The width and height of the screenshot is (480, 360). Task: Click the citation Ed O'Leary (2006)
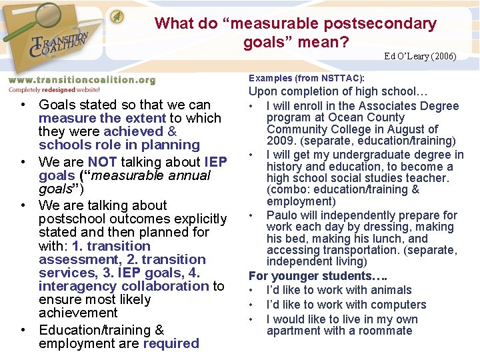420,56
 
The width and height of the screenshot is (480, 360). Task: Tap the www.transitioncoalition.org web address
81,80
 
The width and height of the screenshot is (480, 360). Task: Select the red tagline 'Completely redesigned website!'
54,89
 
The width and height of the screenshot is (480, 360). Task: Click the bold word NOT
101,162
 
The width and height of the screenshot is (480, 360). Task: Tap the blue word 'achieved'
133,131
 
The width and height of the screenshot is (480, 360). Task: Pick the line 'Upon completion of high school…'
338,91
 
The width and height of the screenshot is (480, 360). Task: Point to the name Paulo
281,215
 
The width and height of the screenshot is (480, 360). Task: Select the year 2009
280,141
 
